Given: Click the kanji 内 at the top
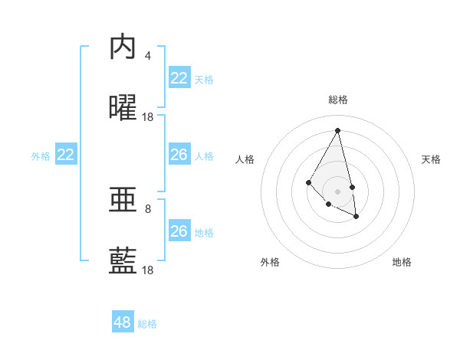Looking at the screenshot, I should pos(123,47).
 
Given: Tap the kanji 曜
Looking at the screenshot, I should pos(123,109).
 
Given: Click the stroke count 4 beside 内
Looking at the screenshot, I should pos(148,56).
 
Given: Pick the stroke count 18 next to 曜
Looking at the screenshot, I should pos(148,117).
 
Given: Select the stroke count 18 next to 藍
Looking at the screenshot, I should pos(148,270).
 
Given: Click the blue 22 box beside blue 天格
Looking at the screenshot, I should pos(179,78).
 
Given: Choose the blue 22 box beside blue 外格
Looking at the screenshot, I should pos(66,155).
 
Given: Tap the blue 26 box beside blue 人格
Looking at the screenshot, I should pos(179,155).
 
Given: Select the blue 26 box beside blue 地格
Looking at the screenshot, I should pos(179,231).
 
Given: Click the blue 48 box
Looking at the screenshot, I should pos(123,322).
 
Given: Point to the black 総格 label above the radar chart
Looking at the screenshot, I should pos(337,100).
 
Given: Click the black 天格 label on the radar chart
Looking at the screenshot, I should pos(431,159).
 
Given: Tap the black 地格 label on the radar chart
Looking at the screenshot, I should pos(402,262).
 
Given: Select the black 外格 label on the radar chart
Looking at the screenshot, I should pos(270,262).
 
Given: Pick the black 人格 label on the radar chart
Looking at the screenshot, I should pos(245,159).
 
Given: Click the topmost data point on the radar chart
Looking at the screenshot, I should pos(337,130).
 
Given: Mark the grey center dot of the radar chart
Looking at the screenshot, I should pos(337,191).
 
